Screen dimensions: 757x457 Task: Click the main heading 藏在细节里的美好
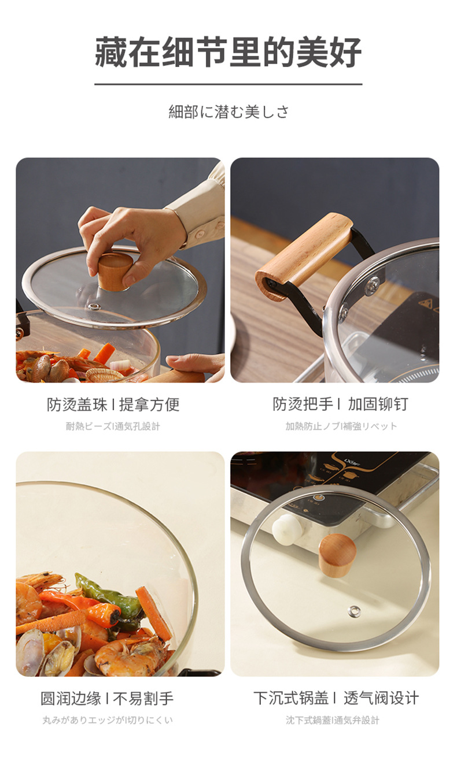(x=228, y=52)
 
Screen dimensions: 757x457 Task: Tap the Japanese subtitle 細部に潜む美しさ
(x=228, y=112)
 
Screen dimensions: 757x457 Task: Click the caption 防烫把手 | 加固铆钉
(x=340, y=404)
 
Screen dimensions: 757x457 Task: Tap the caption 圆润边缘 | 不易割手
(x=106, y=698)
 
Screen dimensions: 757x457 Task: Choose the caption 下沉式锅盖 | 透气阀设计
(x=336, y=697)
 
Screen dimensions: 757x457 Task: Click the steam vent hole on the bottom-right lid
(x=354, y=610)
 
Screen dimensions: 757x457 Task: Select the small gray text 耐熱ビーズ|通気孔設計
(x=112, y=426)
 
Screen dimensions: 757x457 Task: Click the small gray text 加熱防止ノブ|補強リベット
(x=341, y=426)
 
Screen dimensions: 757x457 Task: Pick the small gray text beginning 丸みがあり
(x=107, y=720)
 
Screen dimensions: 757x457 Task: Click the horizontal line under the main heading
(x=228, y=84)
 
